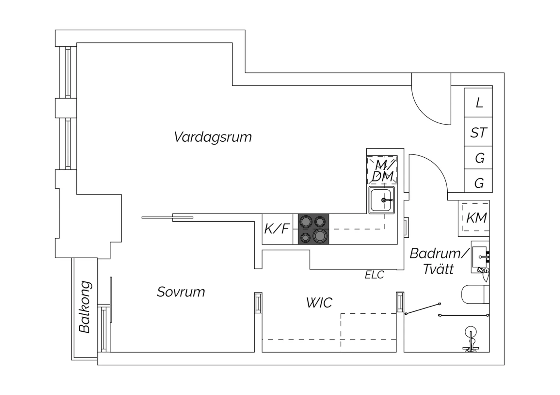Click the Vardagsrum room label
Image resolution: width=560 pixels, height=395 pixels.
tap(213, 137)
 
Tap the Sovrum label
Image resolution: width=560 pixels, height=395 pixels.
tap(181, 292)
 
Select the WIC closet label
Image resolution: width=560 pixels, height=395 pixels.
tap(319, 303)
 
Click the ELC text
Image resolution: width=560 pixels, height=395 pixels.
tap(374, 275)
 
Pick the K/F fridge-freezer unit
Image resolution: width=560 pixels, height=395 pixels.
tap(277, 229)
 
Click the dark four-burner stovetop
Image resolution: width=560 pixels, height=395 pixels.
tap(314, 229)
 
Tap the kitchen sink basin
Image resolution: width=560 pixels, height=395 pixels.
tap(382, 200)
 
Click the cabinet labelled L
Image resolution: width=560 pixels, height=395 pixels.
tap(478, 102)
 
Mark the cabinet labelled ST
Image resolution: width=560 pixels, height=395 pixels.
tap(478, 132)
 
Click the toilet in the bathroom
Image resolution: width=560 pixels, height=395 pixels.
tap(475, 294)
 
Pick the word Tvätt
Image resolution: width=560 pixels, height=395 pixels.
tap(439, 269)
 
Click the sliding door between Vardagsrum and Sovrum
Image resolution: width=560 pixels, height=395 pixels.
tap(168, 218)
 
